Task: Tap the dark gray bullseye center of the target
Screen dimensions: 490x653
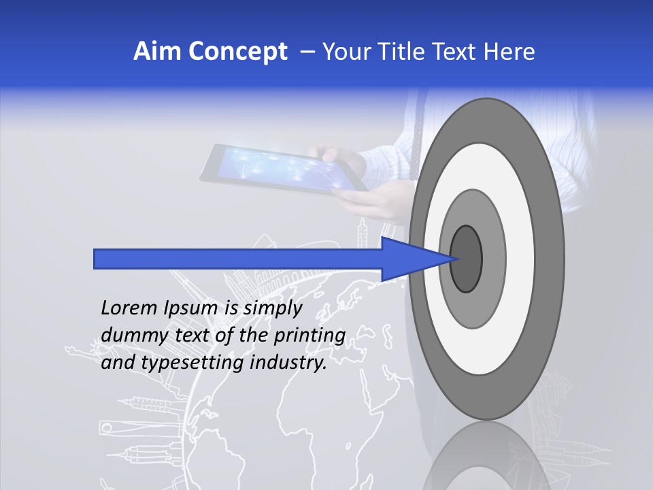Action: point(467,259)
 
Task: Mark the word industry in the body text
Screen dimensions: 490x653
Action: point(288,363)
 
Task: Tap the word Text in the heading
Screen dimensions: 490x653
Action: point(457,52)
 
